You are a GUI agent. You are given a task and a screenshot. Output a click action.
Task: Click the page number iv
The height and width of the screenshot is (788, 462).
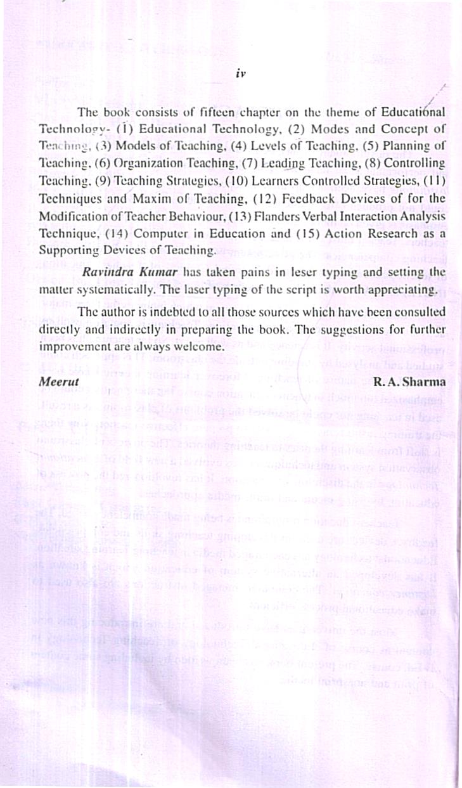pos(240,73)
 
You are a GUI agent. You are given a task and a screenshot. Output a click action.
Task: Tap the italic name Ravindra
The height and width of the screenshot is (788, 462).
pos(105,273)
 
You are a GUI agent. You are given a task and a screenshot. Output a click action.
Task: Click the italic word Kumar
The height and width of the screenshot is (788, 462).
pos(156,273)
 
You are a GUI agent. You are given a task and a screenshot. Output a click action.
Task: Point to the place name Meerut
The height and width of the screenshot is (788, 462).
pos(56,382)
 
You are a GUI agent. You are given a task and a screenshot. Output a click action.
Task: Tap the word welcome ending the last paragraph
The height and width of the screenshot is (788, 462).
pos(202,348)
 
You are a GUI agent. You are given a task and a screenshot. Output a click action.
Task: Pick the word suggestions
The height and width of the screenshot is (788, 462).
pos(356,330)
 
